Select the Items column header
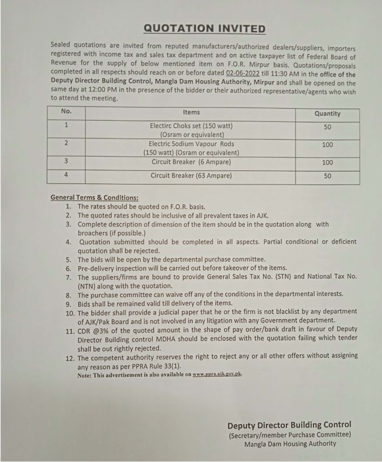click(191, 113)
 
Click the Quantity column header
click(327, 114)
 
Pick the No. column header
click(66, 112)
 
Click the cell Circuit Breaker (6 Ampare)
click(191, 162)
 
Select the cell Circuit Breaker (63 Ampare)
click(191, 176)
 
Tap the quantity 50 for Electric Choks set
click(327, 127)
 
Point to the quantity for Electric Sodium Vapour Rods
click(327, 145)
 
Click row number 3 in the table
click(66, 161)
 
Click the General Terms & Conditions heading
click(94, 197)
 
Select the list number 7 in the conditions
click(69, 277)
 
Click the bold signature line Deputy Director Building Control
click(289, 425)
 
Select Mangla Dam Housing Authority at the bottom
click(290, 444)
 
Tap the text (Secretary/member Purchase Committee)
click(290, 434)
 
